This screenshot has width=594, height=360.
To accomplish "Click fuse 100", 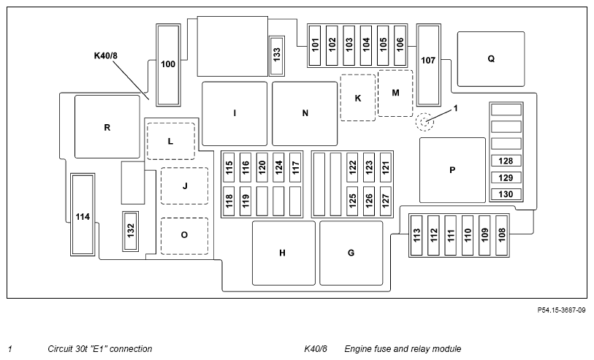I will point(168,64).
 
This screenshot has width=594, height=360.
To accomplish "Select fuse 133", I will point(277,55).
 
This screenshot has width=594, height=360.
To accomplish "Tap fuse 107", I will point(428,61).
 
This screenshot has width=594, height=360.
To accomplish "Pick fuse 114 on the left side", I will point(83,216).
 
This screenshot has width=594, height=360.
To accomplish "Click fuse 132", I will point(131,231).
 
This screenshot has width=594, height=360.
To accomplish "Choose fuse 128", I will point(506,161).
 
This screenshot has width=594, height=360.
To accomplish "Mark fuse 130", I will point(506,194).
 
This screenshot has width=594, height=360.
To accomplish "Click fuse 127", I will point(386,199).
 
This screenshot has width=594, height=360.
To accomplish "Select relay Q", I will point(491,59).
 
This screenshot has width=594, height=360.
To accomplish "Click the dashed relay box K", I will point(358,98).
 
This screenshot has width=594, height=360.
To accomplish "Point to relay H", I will point(283,253).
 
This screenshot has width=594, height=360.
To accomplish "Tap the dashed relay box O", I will point(184,236).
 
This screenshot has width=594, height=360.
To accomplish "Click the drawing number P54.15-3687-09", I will point(561,310).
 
